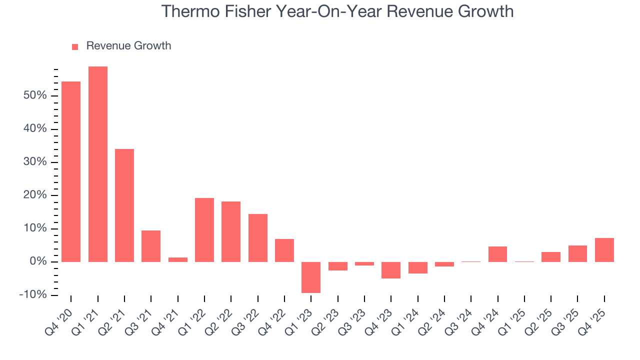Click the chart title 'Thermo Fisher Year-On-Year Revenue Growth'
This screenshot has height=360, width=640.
click(337, 11)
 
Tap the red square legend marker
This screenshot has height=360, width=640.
click(75, 46)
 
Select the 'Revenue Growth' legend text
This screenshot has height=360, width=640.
click(128, 46)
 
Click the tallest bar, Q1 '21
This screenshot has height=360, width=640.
click(98, 164)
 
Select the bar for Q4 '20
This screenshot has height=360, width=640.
click(71, 171)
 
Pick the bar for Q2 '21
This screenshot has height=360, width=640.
click(124, 205)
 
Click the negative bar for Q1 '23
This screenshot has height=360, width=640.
click(311, 277)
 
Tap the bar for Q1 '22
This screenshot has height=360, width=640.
click(204, 229)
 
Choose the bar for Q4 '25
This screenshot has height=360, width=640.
click(604, 249)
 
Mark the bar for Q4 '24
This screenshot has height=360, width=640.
click(497, 254)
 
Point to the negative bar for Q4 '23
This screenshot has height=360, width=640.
click(391, 270)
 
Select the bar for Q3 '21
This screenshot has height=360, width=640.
click(151, 246)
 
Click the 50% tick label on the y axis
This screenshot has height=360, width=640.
click(34, 95)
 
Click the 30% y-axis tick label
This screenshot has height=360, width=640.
click(34, 162)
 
